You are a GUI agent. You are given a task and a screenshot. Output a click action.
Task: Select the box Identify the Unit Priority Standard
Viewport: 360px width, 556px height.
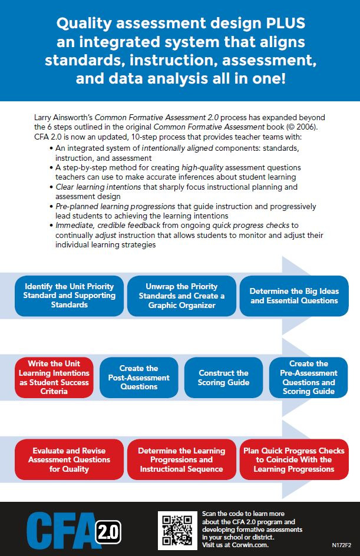coord(69,296)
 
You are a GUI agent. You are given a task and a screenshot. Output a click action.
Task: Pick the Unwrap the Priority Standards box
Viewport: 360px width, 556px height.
coord(181,296)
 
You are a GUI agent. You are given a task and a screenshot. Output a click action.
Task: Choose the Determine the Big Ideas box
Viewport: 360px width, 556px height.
coord(294,296)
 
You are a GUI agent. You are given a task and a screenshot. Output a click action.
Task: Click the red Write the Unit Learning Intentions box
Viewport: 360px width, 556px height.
coord(54,378)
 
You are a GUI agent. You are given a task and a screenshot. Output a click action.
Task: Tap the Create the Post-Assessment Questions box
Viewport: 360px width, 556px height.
coord(139,378)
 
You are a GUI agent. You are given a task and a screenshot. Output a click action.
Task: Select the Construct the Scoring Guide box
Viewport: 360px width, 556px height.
coord(223,378)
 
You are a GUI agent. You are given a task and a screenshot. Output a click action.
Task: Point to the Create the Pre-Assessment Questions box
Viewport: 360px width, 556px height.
coord(309,378)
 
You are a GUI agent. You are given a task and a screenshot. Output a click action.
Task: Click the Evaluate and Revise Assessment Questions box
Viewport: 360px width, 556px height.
coord(69,459)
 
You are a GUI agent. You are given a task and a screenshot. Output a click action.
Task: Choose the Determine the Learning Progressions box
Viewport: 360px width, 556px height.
coord(181,459)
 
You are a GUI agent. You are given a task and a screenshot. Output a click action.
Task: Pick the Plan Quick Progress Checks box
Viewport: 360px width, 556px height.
coord(294,459)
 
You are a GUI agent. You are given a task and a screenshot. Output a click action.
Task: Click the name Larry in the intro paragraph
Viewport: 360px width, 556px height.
coord(43,118)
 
